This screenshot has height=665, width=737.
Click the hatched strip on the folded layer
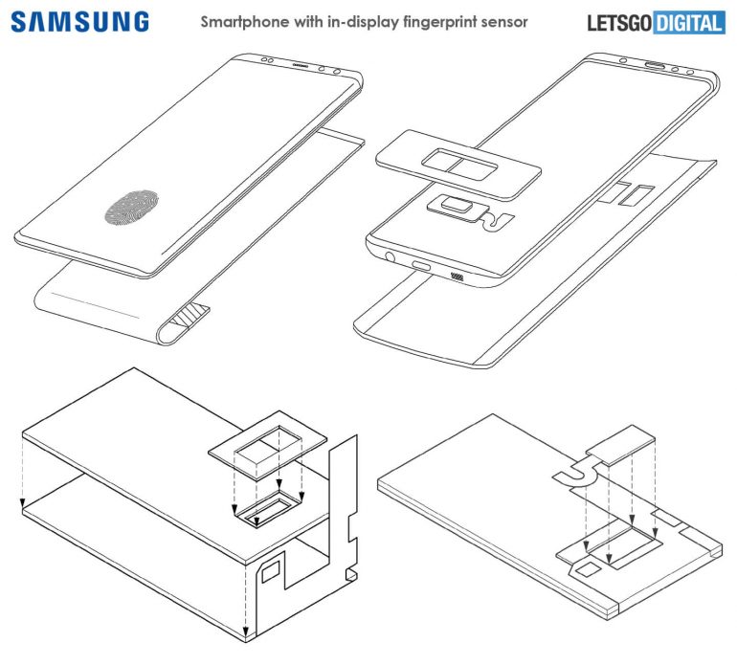[x=196, y=314]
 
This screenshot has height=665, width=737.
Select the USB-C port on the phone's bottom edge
[x=421, y=264]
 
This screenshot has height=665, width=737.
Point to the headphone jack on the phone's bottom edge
[x=389, y=254]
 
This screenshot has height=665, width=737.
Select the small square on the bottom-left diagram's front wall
[x=271, y=571]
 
